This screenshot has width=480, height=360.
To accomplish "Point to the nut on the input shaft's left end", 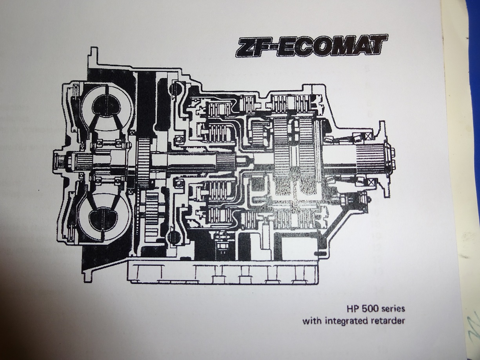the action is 60,161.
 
